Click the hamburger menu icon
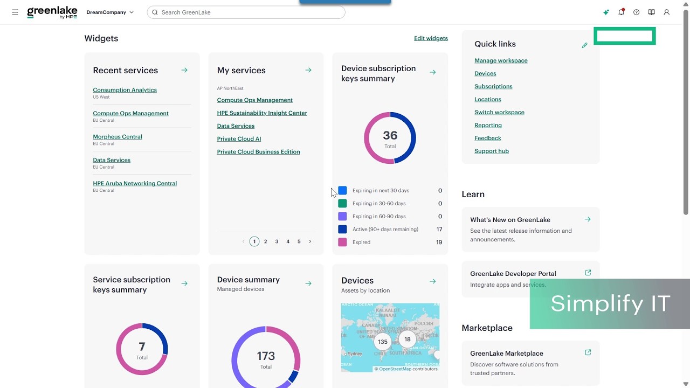click(15, 12)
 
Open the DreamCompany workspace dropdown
click(110, 12)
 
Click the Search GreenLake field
click(246, 12)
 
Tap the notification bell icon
click(622, 12)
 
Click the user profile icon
click(667, 12)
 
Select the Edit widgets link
click(431, 38)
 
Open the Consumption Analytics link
click(125, 90)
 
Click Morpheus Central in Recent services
click(118, 137)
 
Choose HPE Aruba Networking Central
click(135, 183)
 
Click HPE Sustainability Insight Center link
click(262, 113)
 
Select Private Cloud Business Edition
click(258, 152)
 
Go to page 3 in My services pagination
click(277, 241)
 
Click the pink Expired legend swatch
click(342, 242)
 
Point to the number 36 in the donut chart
click(390, 135)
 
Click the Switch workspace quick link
click(499, 113)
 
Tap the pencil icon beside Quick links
click(585, 45)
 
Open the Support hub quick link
click(491, 151)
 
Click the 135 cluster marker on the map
click(383, 342)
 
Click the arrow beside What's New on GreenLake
click(588, 219)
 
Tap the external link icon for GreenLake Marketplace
click(588, 352)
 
